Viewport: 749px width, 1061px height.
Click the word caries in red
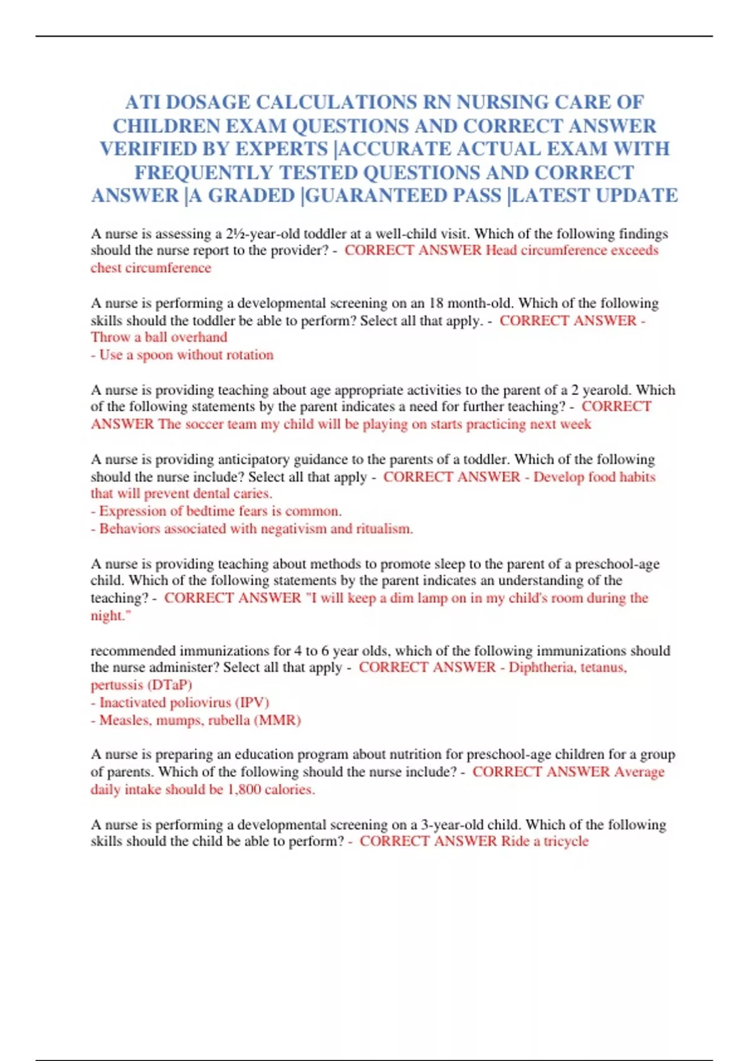[x=252, y=494]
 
